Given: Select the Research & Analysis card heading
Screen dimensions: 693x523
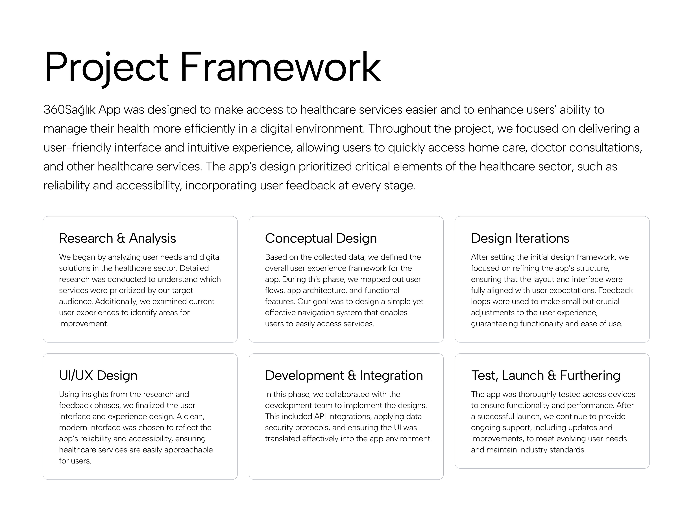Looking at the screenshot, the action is (117, 238).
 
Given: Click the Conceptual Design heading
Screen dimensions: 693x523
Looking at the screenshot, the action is (321, 238).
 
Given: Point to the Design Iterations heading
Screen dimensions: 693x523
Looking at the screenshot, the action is (520, 238).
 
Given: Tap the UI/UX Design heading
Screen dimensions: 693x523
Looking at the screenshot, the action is (98, 376).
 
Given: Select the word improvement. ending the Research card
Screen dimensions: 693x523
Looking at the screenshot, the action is (84, 324).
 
